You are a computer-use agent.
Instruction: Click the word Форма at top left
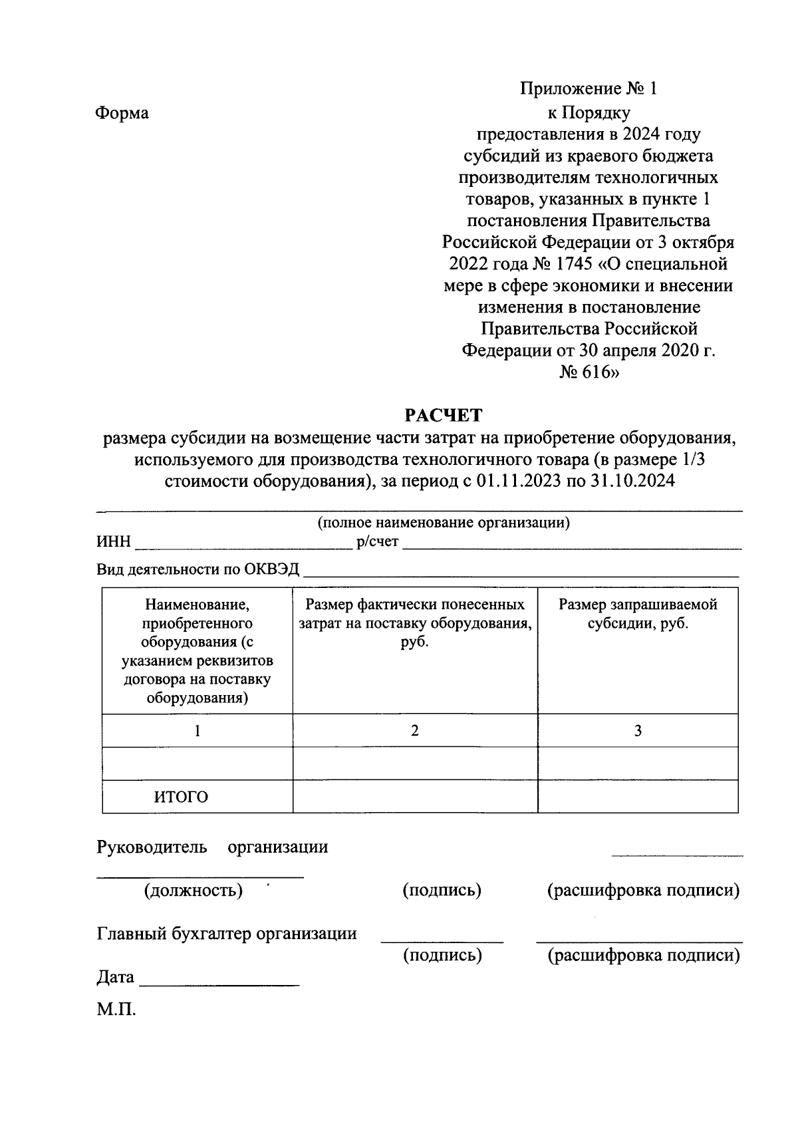click(122, 113)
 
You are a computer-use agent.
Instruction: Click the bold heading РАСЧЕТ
click(444, 416)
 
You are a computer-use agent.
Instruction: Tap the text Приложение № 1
click(589, 89)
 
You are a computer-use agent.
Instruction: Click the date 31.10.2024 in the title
click(632, 481)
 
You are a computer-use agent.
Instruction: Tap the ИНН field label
click(114, 543)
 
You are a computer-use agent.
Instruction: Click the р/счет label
click(377, 543)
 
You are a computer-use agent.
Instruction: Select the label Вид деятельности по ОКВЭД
click(198, 570)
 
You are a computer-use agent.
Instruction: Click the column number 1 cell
click(198, 731)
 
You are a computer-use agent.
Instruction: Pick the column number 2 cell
click(415, 731)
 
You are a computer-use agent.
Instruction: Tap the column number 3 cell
click(638, 731)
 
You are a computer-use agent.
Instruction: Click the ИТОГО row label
click(181, 797)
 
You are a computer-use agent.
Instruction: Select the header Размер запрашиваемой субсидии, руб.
click(638, 615)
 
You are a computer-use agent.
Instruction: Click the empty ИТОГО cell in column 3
click(638, 797)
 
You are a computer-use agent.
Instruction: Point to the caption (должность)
click(193, 890)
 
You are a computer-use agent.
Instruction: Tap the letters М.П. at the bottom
click(116, 1010)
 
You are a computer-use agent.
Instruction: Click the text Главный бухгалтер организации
click(227, 934)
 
